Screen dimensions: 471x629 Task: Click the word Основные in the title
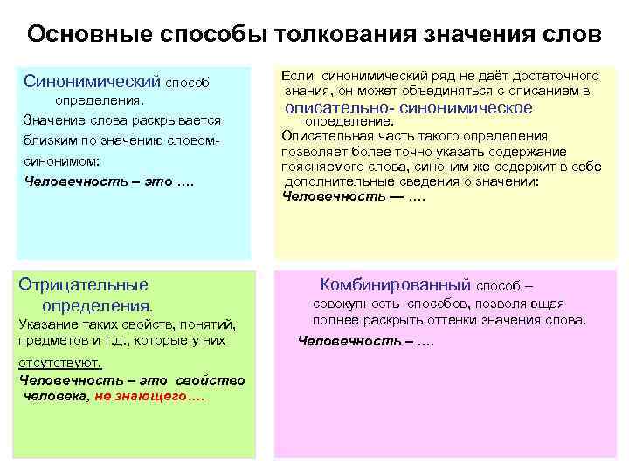[79, 35]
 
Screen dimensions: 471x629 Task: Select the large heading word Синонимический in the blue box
[93, 82]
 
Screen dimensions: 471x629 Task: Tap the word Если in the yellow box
[294, 77]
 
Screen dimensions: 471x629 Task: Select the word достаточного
[556, 77]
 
